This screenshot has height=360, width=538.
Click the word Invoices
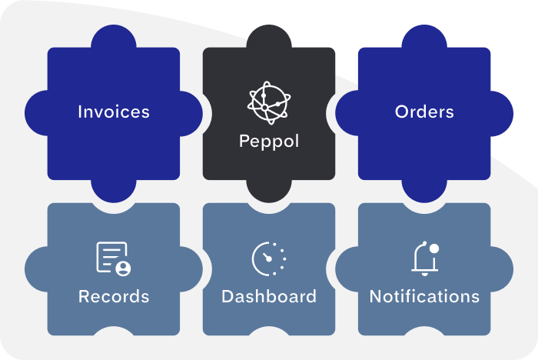pyautogui.click(x=114, y=112)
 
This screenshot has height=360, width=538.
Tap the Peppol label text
pyautogui.click(x=268, y=142)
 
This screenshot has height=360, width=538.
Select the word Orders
pyautogui.click(x=424, y=112)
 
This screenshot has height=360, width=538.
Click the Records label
pyautogui.click(x=114, y=296)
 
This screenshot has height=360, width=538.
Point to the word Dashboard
pyautogui.click(x=268, y=296)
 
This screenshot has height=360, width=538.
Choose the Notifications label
pyautogui.click(x=424, y=296)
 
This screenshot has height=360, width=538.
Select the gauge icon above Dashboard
pyautogui.click(x=268, y=258)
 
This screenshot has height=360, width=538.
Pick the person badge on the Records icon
pyautogui.click(x=122, y=268)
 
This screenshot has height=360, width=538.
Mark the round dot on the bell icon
pyautogui.click(x=433, y=248)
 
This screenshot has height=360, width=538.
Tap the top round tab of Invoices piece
pyautogui.click(x=114, y=35)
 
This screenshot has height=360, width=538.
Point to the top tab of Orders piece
pyautogui.click(x=424, y=35)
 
